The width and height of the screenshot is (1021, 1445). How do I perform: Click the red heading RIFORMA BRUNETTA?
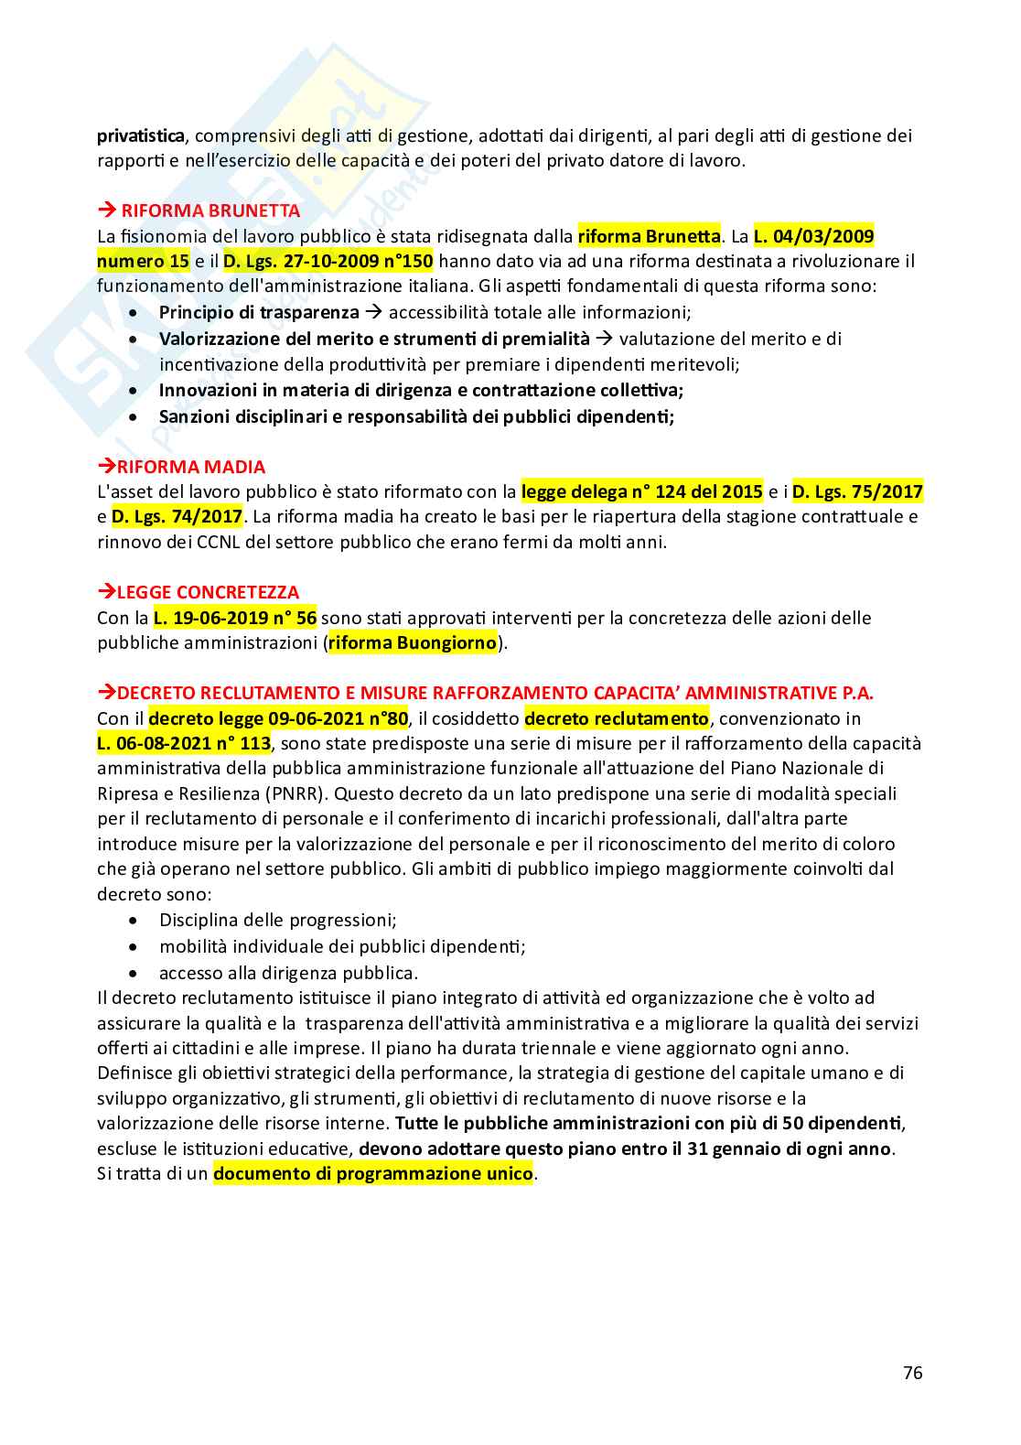click(x=210, y=210)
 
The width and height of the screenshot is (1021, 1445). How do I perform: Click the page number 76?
click(x=912, y=1373)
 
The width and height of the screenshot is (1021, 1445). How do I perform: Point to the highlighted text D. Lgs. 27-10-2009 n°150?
click(x=328, y=262)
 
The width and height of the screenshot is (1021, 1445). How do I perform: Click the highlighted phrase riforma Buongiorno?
click(x=413, y=642)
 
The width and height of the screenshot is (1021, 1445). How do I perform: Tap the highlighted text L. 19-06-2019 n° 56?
click(x=235, y=618)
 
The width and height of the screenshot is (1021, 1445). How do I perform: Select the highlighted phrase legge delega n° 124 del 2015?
click(x=641, y=491)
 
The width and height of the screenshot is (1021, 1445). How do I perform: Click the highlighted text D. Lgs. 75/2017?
click(x=857, y=491)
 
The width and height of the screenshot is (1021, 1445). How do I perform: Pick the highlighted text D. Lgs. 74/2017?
click(x=177, y=517)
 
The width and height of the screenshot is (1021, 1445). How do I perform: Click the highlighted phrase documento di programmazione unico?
click(x=372, y=1174)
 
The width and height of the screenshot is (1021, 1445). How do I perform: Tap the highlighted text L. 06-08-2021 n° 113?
click(x=184, y=744)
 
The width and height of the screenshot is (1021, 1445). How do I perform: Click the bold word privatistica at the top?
click(x=141, y=136)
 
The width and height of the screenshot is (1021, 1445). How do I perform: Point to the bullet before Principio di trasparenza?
click(x=135, y=313)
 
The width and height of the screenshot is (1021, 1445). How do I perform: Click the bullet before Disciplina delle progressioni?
click(x=135, y=921)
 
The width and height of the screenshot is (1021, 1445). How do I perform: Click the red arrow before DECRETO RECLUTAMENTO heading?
click(x=106, y=692)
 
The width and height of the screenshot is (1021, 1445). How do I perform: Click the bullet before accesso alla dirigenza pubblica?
click(x=135, y=973)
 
